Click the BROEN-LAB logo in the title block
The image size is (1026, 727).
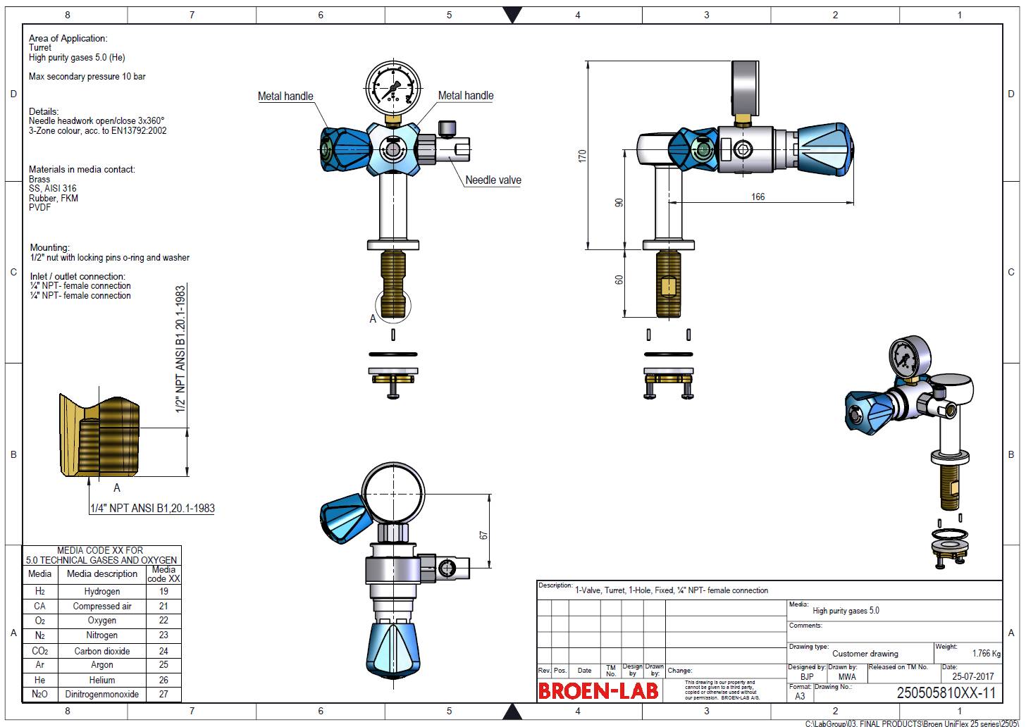598,690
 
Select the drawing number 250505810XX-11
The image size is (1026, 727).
946,693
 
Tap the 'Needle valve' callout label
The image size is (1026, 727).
493,180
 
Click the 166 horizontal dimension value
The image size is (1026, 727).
758,197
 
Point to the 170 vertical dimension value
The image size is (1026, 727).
582,156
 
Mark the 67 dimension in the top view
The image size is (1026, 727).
483,535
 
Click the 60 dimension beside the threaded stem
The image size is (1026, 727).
619,280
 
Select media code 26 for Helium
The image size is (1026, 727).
163,680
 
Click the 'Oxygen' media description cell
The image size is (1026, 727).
102,621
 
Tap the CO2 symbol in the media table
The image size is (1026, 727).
40,651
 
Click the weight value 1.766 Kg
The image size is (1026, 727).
986,654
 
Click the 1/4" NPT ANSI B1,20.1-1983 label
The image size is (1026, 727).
152,508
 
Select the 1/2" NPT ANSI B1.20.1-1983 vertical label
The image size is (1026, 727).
180,349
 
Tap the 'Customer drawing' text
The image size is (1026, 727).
865,654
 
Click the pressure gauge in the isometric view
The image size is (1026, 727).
907,358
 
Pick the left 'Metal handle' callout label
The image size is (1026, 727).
285,97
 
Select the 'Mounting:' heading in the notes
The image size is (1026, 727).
49,247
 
